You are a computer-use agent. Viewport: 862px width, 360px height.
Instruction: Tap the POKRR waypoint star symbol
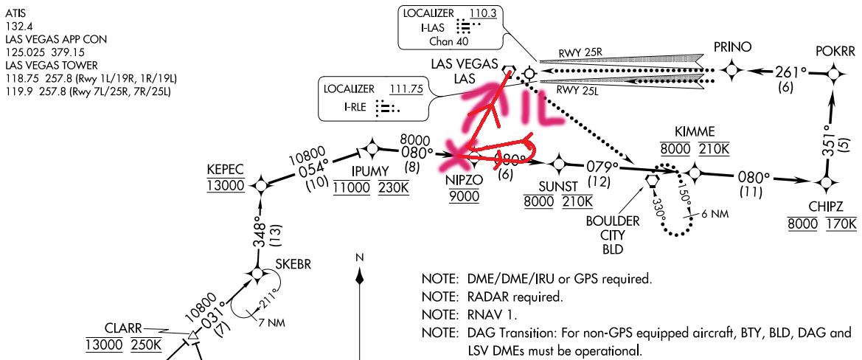[x=835, y=72]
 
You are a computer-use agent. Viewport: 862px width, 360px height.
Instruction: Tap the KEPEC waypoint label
[x=226, y=170]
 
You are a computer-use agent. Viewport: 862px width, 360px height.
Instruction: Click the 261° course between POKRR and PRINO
[x=791, y=72]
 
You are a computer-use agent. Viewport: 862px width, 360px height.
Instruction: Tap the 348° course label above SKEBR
[x=259, y=235]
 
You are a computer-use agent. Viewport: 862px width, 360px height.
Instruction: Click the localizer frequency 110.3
[x=482, y=14]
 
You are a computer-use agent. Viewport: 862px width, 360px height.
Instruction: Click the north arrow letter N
[x=360, y=257]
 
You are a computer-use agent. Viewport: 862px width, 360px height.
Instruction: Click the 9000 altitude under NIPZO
[x=465, y=195]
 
